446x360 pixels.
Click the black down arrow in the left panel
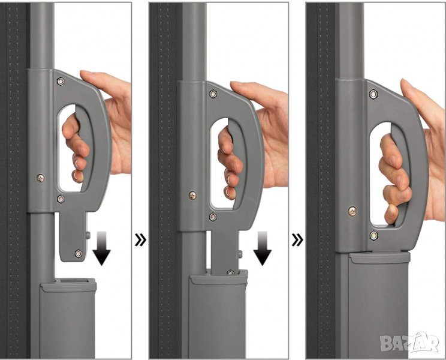pos(101,248)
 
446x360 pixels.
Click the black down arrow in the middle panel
pos(262,248)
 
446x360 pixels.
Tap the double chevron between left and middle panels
pos(140,240)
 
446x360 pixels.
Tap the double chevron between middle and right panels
pos(297,240)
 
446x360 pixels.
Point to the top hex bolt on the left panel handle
pos(61,82)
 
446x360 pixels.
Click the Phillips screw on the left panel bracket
pos(40,178)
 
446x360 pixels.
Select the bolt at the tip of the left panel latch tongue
pos(78,253)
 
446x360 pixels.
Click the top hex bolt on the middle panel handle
pos(213,94)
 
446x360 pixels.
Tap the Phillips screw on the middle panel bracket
pos(192,195)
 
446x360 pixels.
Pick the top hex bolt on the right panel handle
pos(373,94)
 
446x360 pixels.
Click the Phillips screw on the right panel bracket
pos(352,211)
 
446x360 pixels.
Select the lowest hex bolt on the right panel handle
pos(373,235)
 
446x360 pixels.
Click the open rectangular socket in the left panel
pos(74,281)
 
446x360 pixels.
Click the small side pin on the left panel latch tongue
pos(88,235)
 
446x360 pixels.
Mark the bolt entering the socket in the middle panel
pos(230,272)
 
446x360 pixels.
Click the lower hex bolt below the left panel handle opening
pos(61,199)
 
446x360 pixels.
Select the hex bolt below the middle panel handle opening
pos(213,217)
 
